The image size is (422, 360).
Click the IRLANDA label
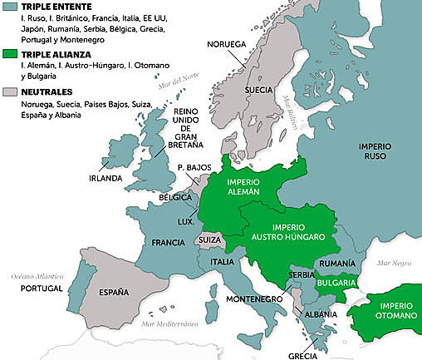click(x=106, y=178)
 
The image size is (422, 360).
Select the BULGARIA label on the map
click(x=336, y=283)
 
